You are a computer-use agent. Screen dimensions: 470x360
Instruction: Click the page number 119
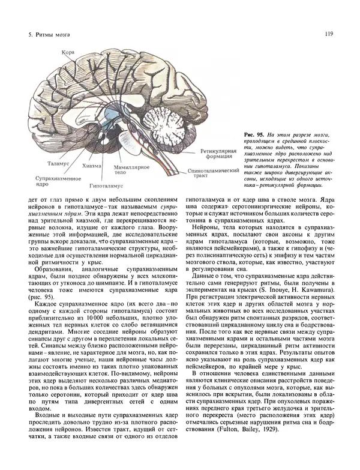pyautogui.click(x=329, y=34)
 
